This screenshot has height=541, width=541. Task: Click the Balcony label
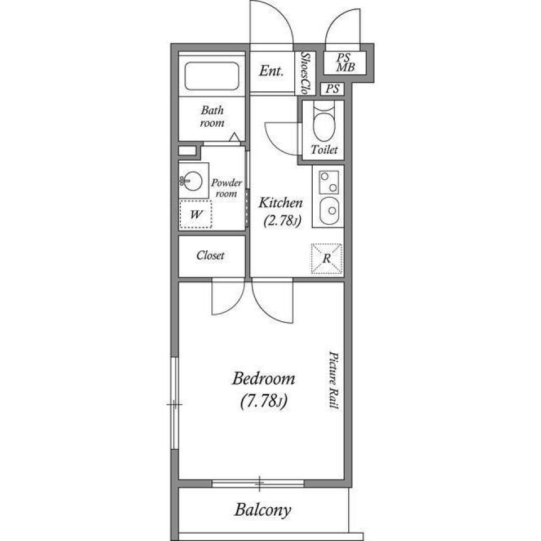point(263,511)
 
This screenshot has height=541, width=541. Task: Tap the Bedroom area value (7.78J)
point(264,402)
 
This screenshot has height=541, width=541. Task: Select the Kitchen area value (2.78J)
point(281,222)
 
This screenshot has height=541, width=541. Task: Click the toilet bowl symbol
point(323,127)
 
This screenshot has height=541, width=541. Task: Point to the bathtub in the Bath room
point(212,76)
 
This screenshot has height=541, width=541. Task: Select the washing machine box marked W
point(196,215)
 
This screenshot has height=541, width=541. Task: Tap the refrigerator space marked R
point(327,259)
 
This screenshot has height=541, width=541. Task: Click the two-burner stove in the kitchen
point(327,181)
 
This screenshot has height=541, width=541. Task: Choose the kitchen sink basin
point(327,211)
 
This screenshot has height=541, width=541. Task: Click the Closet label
point(210,255)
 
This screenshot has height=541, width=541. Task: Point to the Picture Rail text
point(333,380)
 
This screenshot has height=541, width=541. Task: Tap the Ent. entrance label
point(271,72)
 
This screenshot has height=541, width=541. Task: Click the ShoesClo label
point(305,73)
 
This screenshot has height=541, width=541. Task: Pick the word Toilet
point(324,150)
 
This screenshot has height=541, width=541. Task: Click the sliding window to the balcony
point(259,483)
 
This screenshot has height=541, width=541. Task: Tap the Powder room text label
point(227,188)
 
